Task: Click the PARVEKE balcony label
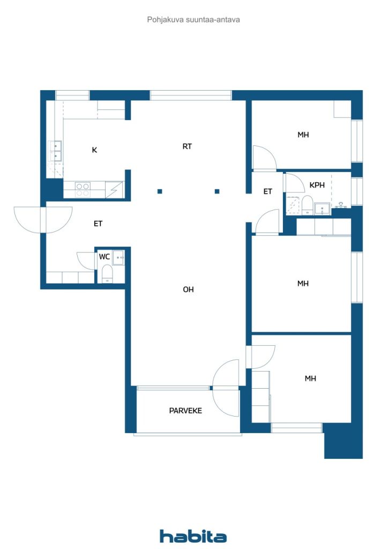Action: point(185,410)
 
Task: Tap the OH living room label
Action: point(188,289)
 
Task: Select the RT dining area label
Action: point(187,146)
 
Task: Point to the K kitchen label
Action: point(94,150)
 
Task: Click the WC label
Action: point(105,257)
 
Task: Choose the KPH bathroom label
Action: point(317,185)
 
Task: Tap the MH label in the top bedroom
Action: point(303,135)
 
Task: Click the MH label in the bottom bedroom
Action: point(310,378)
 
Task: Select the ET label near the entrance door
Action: point(98,224)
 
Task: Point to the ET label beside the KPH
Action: point(267,191)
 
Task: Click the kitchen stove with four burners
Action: point(83,190)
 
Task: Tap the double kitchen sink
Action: point(56,151)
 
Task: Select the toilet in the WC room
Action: point(107,273)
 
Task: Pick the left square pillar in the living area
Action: point(160,191)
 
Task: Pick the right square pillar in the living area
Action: point(217,191)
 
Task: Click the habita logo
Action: point(193,536)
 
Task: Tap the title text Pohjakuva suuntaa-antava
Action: point(193,20)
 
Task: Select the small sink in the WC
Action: point(118,258)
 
